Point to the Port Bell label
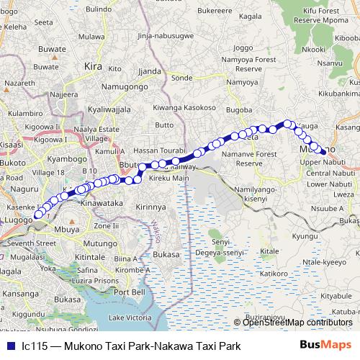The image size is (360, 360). point(130,292)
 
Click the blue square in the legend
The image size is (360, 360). point(10,346)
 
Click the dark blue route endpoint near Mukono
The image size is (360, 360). point(324,151)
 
